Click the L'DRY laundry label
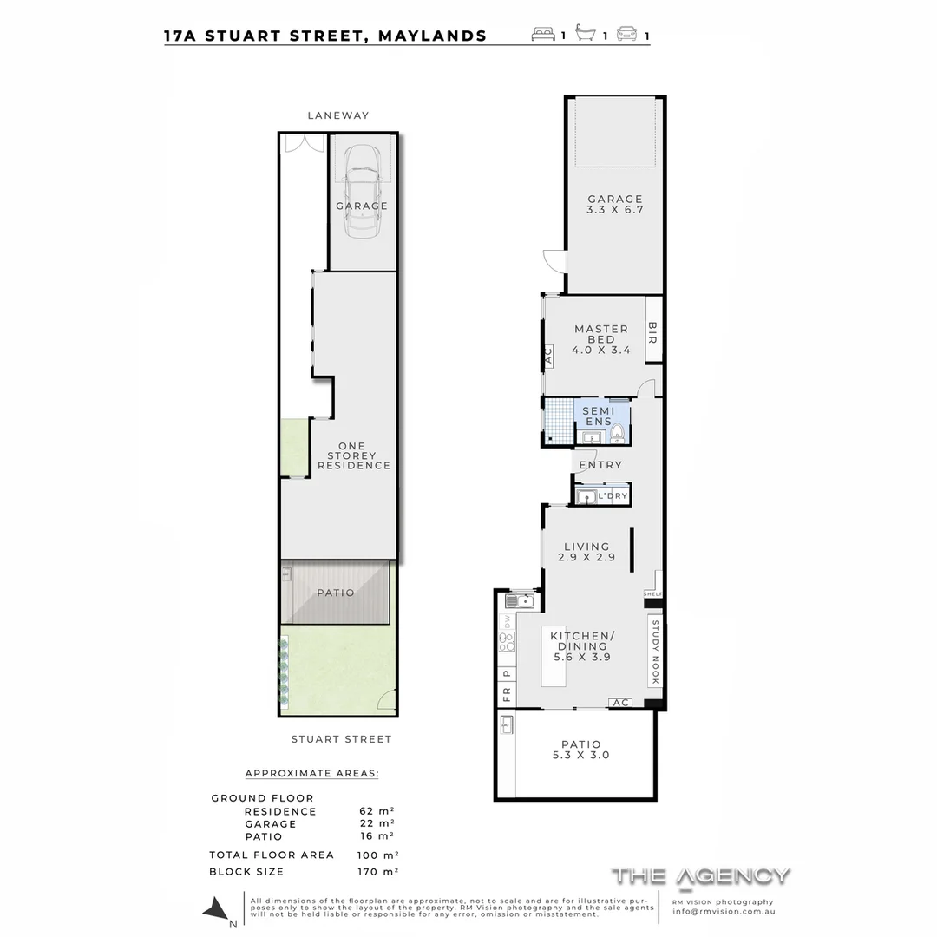point(613,496)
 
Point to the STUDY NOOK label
point(655,652)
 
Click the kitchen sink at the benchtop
point(518,600)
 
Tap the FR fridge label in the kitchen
point(506,694)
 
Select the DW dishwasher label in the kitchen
point(507,620)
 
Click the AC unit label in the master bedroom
point(547,356)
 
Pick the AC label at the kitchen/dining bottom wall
point(619,703)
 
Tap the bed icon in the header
point(543,36)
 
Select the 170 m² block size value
point(378,872)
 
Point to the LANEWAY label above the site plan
point(337,115)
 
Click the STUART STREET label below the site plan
point(341,739)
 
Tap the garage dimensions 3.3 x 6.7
point(615,210)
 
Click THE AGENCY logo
point(701,875)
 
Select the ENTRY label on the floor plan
point(600,465)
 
